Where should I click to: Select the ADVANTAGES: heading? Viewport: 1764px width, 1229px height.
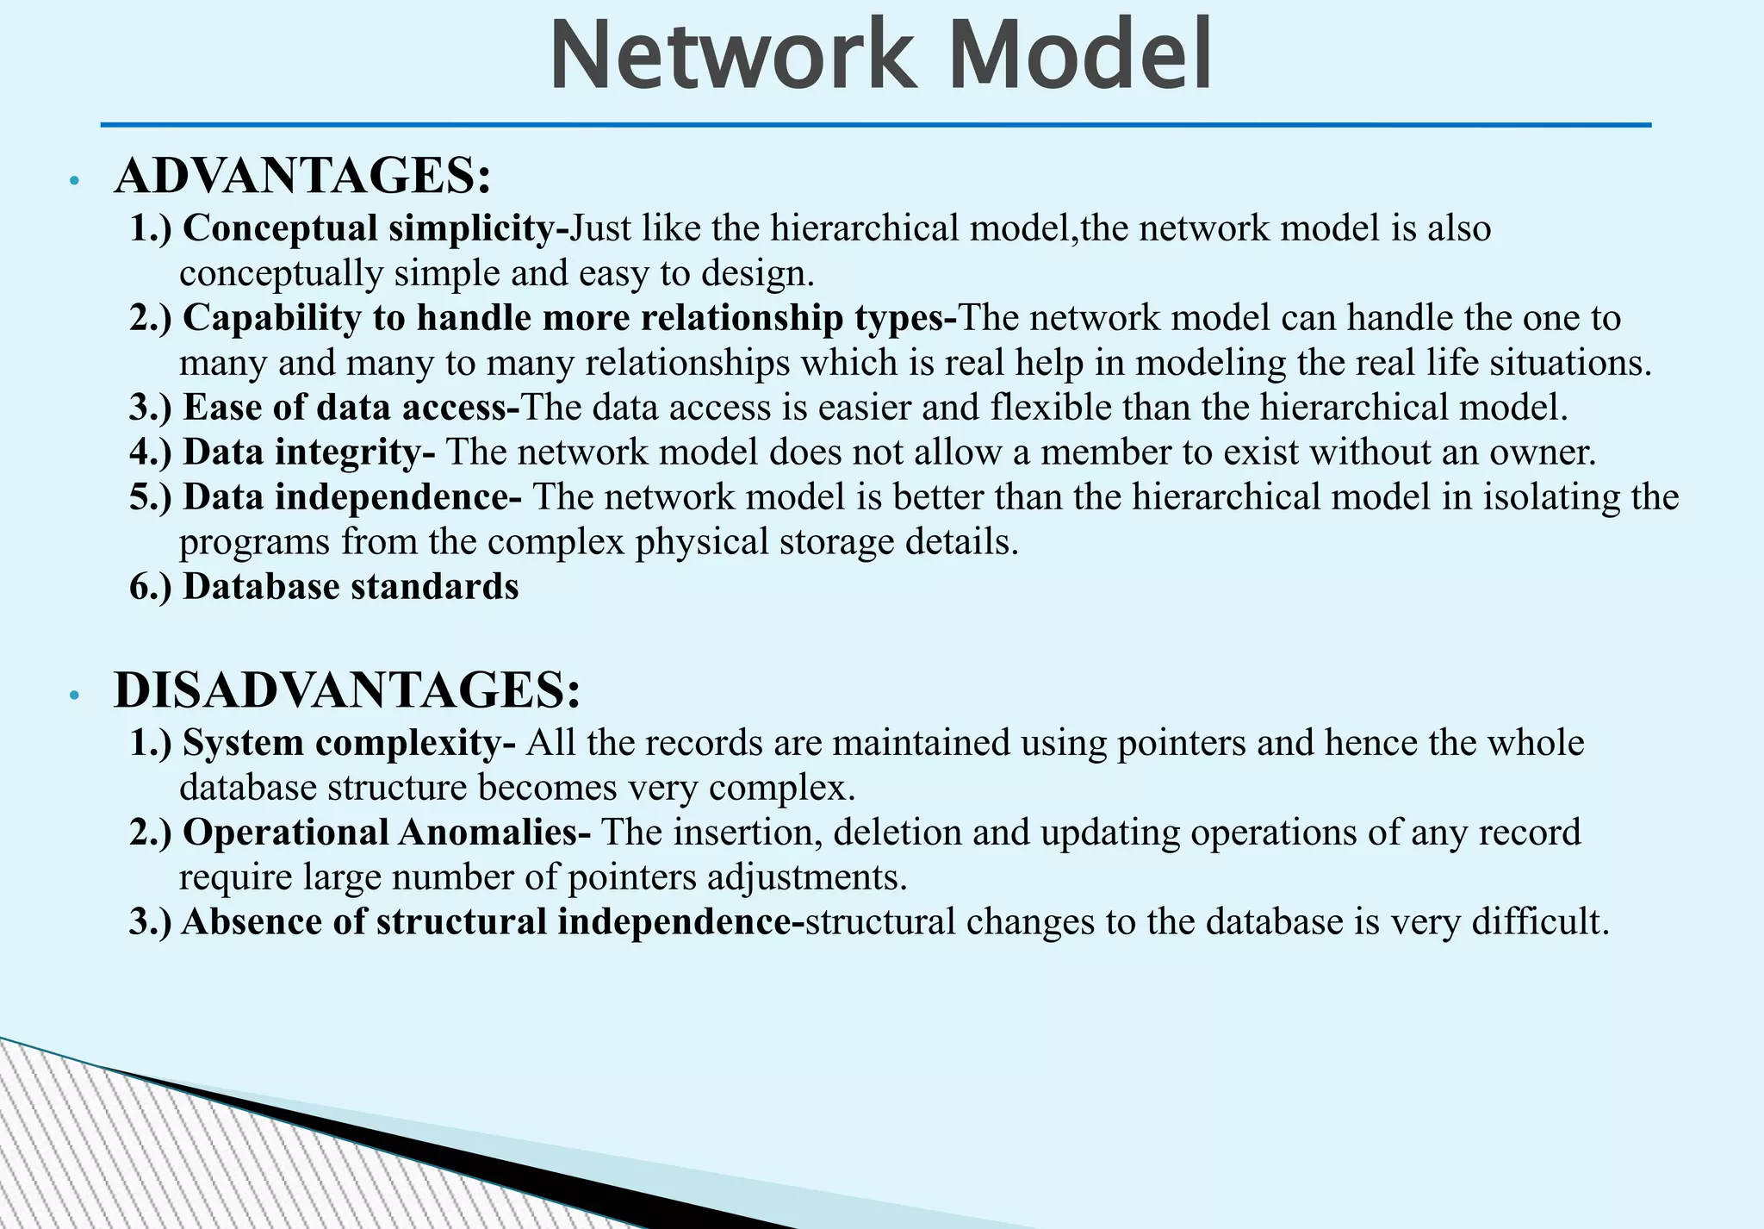click(302, 176)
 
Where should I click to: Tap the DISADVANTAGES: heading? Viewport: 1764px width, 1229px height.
click(347, 690)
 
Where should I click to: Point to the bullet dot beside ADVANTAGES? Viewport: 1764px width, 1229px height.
click(75, 181)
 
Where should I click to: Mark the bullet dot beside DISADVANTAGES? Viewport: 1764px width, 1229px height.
click(75, 696)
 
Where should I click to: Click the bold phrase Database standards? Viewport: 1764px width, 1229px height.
click(351, 587)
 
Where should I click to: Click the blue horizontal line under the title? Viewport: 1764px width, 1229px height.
click(875, 126)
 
